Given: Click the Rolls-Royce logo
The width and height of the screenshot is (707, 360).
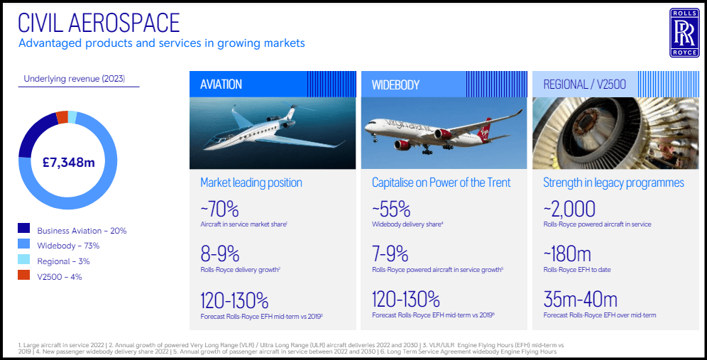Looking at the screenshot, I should pos(684,33).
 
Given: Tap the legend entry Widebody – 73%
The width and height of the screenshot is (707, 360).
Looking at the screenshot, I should pos(68,246).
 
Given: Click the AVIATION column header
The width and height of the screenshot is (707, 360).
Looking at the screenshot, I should pos(221,84).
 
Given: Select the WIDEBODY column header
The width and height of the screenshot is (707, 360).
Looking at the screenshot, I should pos(395,84).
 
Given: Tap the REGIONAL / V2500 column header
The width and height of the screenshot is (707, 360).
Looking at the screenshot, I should pos(584,84).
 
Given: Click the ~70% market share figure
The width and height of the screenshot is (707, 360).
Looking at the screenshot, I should pos(219,209).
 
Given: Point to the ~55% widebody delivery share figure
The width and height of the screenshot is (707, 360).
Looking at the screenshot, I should pos(391,209).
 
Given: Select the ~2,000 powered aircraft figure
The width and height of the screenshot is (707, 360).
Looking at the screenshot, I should pos(569,209).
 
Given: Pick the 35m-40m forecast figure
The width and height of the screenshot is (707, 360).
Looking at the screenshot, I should pos(580,299).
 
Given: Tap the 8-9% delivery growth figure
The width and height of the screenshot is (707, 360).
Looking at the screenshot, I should pos(219,254).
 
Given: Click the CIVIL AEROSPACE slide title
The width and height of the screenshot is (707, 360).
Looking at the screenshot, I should pos(99,23).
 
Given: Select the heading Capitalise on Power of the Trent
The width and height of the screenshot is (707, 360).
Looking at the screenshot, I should pos(441,182).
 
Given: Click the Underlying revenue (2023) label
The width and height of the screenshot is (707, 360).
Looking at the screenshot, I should pos(74,79).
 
